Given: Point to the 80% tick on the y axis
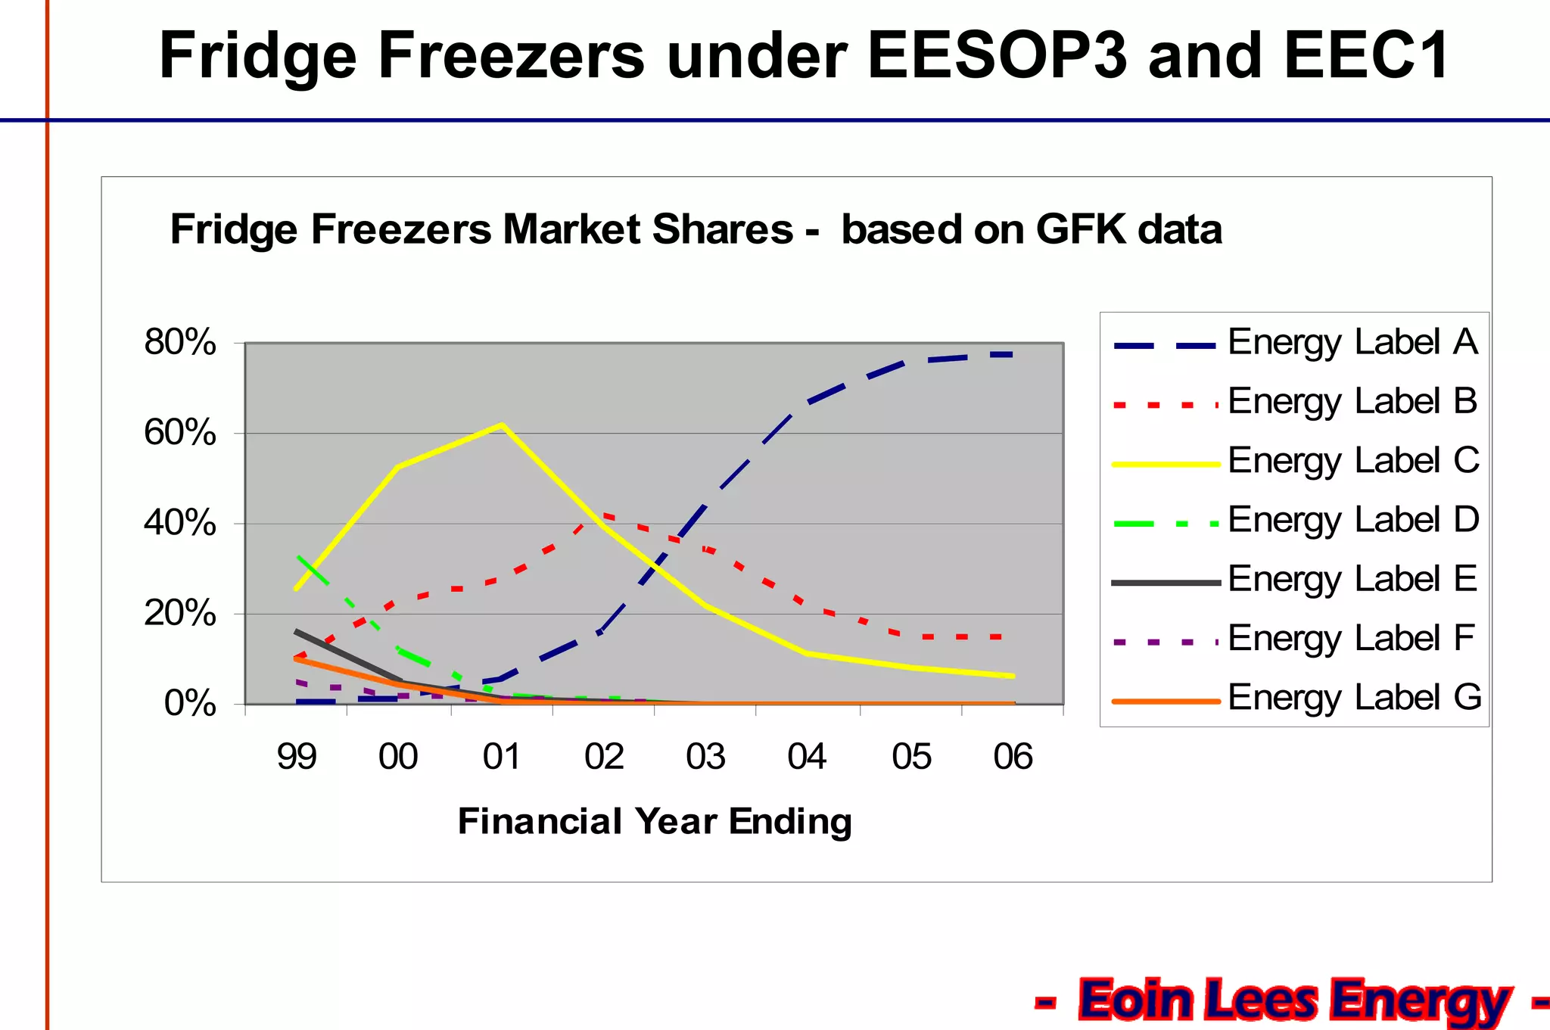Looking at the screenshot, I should [180, 343].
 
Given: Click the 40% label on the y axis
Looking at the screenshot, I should [180, 523].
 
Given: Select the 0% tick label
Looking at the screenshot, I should [190, 704].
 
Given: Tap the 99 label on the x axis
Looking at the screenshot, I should [297, 756].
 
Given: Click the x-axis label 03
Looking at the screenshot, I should [705, 756].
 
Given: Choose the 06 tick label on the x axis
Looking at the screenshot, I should [1013, 756].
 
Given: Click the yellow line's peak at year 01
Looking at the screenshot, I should [502, 425].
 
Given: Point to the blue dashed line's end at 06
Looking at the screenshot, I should [1012, 354].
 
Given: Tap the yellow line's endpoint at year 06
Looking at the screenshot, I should [1013, 676].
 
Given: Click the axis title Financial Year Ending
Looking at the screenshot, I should [655, 821].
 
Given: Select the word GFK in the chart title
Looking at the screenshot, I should [1081, 229].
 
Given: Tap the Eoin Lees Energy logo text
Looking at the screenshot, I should [1294, 1000].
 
